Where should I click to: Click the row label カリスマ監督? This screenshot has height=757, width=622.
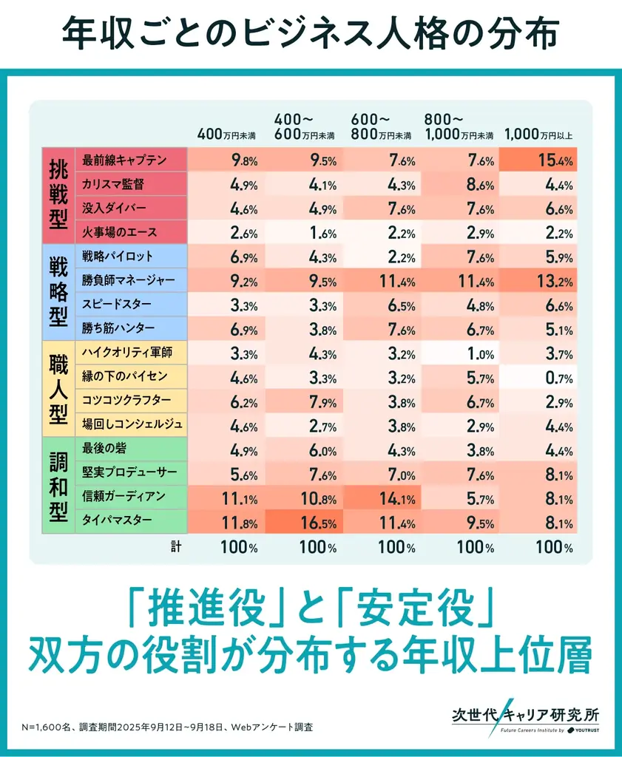click(119, 184)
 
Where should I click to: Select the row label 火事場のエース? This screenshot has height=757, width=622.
click(120, 232)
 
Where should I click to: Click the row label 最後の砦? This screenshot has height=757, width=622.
click(104, 449)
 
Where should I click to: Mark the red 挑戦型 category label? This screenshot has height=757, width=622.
click(58, 196)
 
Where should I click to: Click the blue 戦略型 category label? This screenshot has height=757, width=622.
click(58, 292)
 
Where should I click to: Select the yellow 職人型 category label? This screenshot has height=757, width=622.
click(58, 388)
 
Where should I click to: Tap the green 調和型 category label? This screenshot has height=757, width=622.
click(58, 484)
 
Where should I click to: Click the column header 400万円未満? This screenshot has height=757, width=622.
click(226, 135)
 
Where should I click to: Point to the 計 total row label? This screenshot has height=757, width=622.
click(175, 548)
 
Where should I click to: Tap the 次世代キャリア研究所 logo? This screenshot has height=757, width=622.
click(525, 719)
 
